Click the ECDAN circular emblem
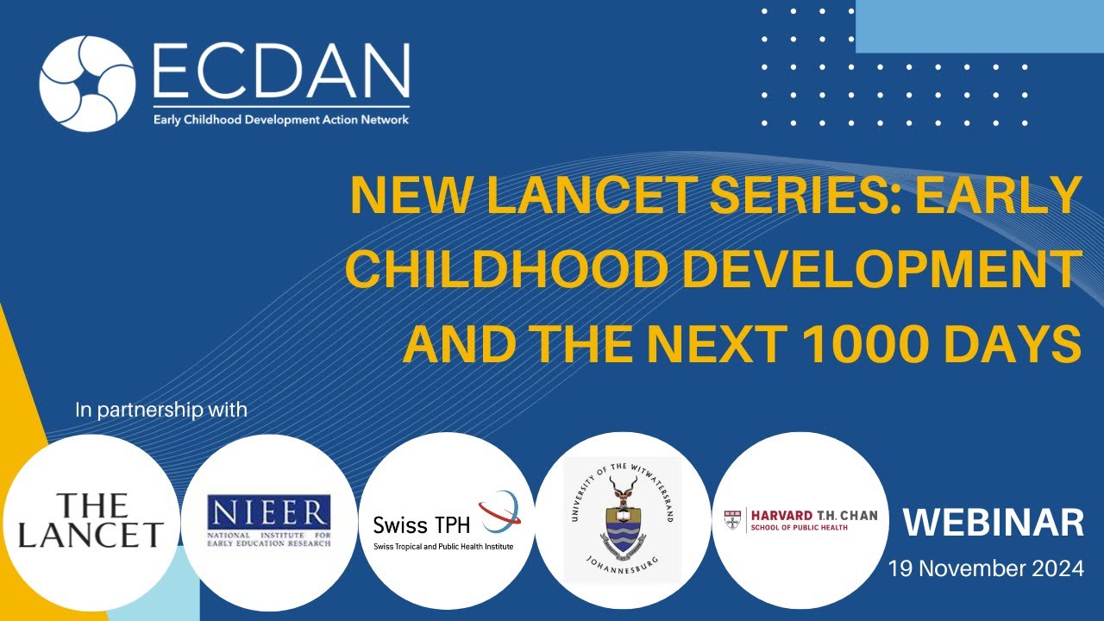point(87,84)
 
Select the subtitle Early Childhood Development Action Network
point(281,119)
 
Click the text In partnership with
point(161,410)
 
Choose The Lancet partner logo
point(90,521)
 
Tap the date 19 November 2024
point(987,569)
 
